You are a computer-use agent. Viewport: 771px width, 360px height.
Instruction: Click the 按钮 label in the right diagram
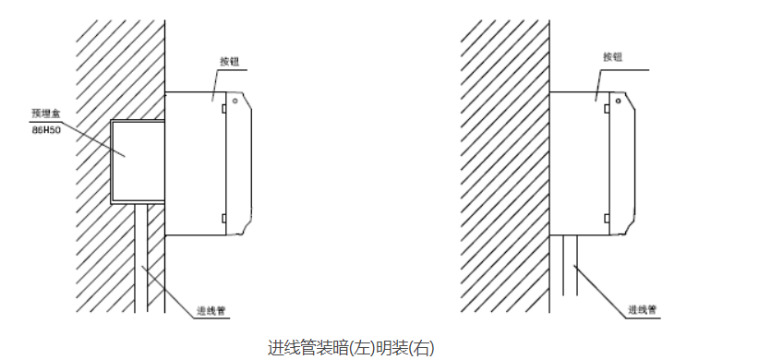(x=614, y=57)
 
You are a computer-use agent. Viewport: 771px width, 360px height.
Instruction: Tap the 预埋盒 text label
(x=46, y=114)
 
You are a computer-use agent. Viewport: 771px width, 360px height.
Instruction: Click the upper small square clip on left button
(x=223, y=109)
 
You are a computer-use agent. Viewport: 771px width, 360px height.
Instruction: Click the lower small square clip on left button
(x=223, y=219)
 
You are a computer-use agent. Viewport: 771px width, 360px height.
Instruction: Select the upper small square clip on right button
(x=607, y=109)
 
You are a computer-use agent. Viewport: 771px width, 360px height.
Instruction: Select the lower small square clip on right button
(x=607, y=219)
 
